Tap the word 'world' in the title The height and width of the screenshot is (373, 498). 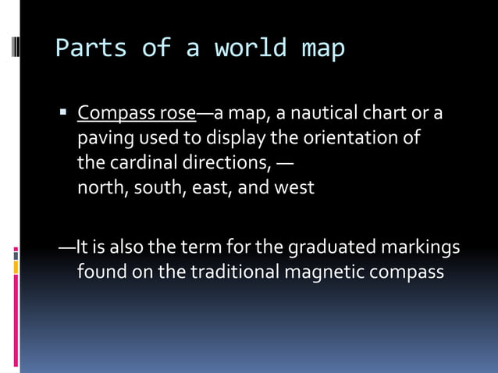[x=250, y=48]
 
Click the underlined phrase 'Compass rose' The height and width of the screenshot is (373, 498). [x=136, y=114]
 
